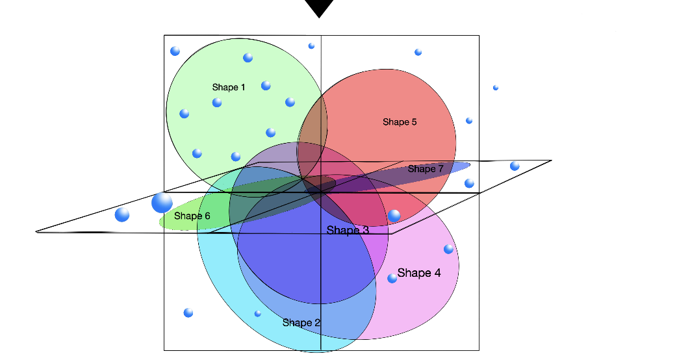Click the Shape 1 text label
click(229, 87)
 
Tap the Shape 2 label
click(301, 322)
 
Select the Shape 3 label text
click(348, 230)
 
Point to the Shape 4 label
click(419, 273)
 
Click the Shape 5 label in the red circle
click(400, 122)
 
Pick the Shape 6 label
click(192, 216)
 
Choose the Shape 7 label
click(426, 169)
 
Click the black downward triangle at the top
click(319, 8)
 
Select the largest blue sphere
click(162, 203)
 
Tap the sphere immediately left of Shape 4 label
click(392, 278)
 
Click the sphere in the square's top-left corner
click(175, 51)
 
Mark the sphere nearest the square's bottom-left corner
click(188, 313)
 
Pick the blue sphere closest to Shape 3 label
click(394, 215)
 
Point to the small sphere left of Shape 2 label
click(258, 313)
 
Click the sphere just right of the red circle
click(469, 121)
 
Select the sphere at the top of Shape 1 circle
click(248, 58)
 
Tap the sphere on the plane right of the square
click(515, 166)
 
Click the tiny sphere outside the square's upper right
click(496, 87)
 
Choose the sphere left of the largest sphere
click(122, 214)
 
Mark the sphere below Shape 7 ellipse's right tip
click(469, 183)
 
